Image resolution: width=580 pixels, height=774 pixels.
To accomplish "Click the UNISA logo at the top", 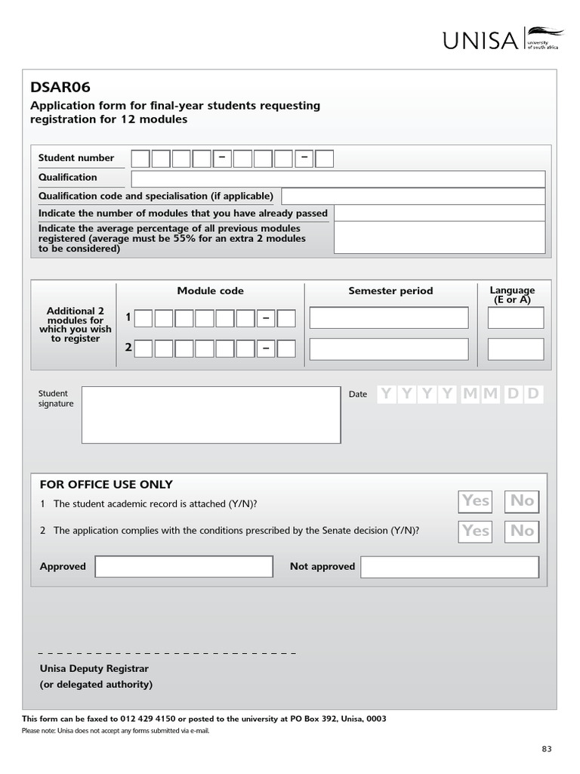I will (x=502, y=39).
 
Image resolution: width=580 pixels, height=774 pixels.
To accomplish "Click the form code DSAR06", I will (x=60, y=88).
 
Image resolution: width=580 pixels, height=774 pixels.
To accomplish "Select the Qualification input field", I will (x=338, y=178).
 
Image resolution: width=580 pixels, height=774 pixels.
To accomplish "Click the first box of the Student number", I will (x=140, y=159).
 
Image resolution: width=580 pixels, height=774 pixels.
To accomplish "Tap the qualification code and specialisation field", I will (x=412, y=197).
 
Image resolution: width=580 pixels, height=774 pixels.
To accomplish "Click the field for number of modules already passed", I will (x=439, y=214).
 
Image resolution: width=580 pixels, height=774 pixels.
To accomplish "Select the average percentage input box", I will (x=439, y=238).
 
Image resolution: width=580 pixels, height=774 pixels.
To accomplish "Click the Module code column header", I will (x=210, y=291).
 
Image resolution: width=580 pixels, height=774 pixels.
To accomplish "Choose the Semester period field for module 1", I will (x=388, y=318).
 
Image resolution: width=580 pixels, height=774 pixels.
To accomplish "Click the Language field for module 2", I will (x=515, y=349).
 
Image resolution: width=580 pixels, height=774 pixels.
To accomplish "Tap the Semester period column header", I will (x=390, y=291).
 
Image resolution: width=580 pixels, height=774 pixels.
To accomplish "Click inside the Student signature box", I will (x=211, y=415).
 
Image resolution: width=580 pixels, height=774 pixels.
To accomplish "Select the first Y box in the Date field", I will (x=387, y=394).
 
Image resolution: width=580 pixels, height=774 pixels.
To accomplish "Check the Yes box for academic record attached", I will (x=476, y=501).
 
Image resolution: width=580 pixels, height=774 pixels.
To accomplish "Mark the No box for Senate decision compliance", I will (x=522, y=531).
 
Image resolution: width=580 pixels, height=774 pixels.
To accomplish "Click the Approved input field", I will (x=184, y=567).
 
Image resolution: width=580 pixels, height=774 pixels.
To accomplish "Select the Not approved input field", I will (x=449, y=567).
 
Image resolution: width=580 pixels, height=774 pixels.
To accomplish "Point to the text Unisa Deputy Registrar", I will (x=94, y=669).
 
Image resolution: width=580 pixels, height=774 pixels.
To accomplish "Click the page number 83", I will (x=547, y=749).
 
